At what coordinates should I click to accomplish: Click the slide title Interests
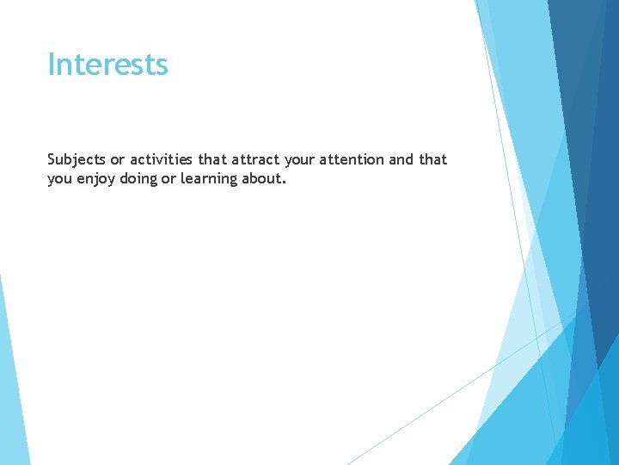tap(107, 65)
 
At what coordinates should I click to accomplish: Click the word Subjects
tap(77, 160)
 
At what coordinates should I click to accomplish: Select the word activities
tap(162, 160)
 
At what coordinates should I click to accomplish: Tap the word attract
tap(255, 160)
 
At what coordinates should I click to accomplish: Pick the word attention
tap(355, 160)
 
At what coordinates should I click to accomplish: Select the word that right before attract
tap(212, 160)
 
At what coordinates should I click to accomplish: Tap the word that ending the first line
tap(433, 160)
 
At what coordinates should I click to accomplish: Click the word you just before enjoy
tap(59, 178)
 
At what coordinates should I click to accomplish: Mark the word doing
tap(138, 178)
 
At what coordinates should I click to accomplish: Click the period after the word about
tap(284, 182)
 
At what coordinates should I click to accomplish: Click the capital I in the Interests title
tap(51, 65)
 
